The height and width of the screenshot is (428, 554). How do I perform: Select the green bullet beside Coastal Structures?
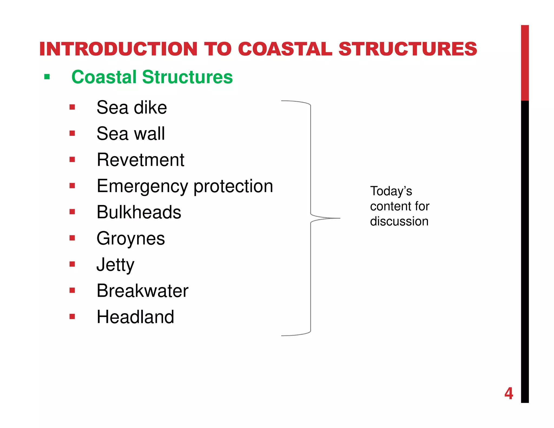click(x=47, y=77)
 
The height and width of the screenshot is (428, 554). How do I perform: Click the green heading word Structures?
click(x=187, y=77)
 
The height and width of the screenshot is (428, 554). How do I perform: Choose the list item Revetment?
click(x=140, y=160)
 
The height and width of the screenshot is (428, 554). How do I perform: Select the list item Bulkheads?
click(x=139, y=212)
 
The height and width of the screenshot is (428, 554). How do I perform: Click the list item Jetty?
click(x=116, y=265)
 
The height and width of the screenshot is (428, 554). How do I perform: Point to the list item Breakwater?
click(x=142, y=291)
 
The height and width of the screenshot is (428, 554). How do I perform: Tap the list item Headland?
click(x=135, y=317)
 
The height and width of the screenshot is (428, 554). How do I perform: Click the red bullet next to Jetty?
click(x=72, y=264)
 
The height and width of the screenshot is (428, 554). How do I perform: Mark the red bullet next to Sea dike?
click(x=72, y=107)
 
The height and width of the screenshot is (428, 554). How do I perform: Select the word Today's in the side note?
click(x=391, y=191)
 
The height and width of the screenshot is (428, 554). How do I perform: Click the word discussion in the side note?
click(x=399, y=221)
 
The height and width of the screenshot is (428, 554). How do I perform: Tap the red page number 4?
click(x=509, y=394)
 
